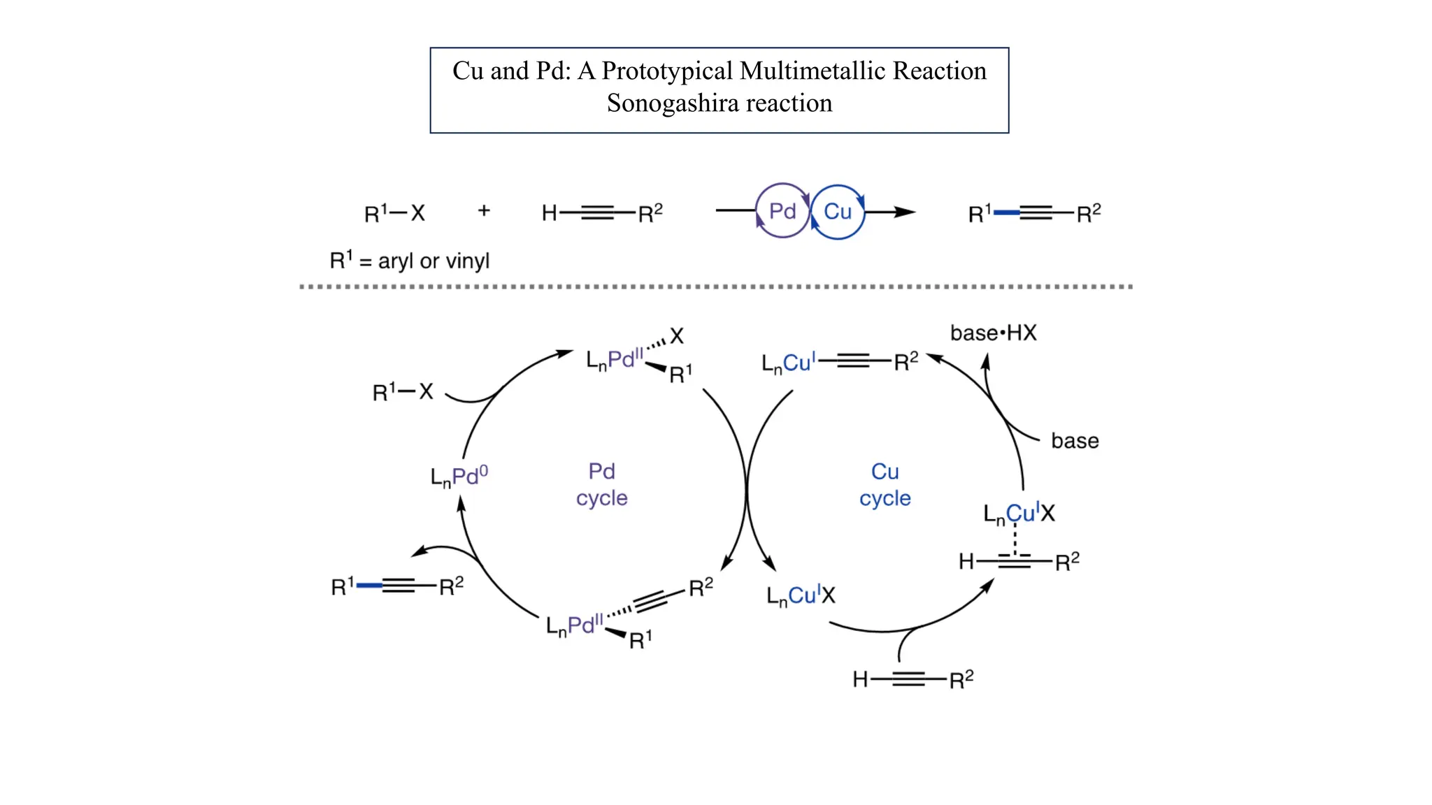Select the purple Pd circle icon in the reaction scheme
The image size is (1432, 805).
(782, 211)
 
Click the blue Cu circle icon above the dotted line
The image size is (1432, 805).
(838, 212)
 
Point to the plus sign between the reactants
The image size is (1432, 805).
(484, 210)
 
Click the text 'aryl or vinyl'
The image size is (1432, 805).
(434, 261)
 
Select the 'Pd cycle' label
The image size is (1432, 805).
(601, 484)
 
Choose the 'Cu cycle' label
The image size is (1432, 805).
(885, 484)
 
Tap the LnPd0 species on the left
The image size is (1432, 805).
(459, 477)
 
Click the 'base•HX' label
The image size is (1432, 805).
(993, 333)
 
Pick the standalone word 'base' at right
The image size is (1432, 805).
(1075, 441)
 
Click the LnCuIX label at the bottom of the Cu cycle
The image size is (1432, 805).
(801, 596)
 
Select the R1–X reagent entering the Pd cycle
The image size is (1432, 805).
(403, 392)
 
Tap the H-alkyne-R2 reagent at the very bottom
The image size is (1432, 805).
(912, 679)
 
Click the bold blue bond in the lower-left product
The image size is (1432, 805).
(369, 585)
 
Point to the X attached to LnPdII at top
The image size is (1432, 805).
(676, 336)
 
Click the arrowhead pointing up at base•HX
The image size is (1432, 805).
(986, 360)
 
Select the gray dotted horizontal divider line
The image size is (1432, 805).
(716, 287)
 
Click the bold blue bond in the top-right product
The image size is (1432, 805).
(1006, 212)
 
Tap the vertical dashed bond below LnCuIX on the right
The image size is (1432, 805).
(1015, 539)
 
